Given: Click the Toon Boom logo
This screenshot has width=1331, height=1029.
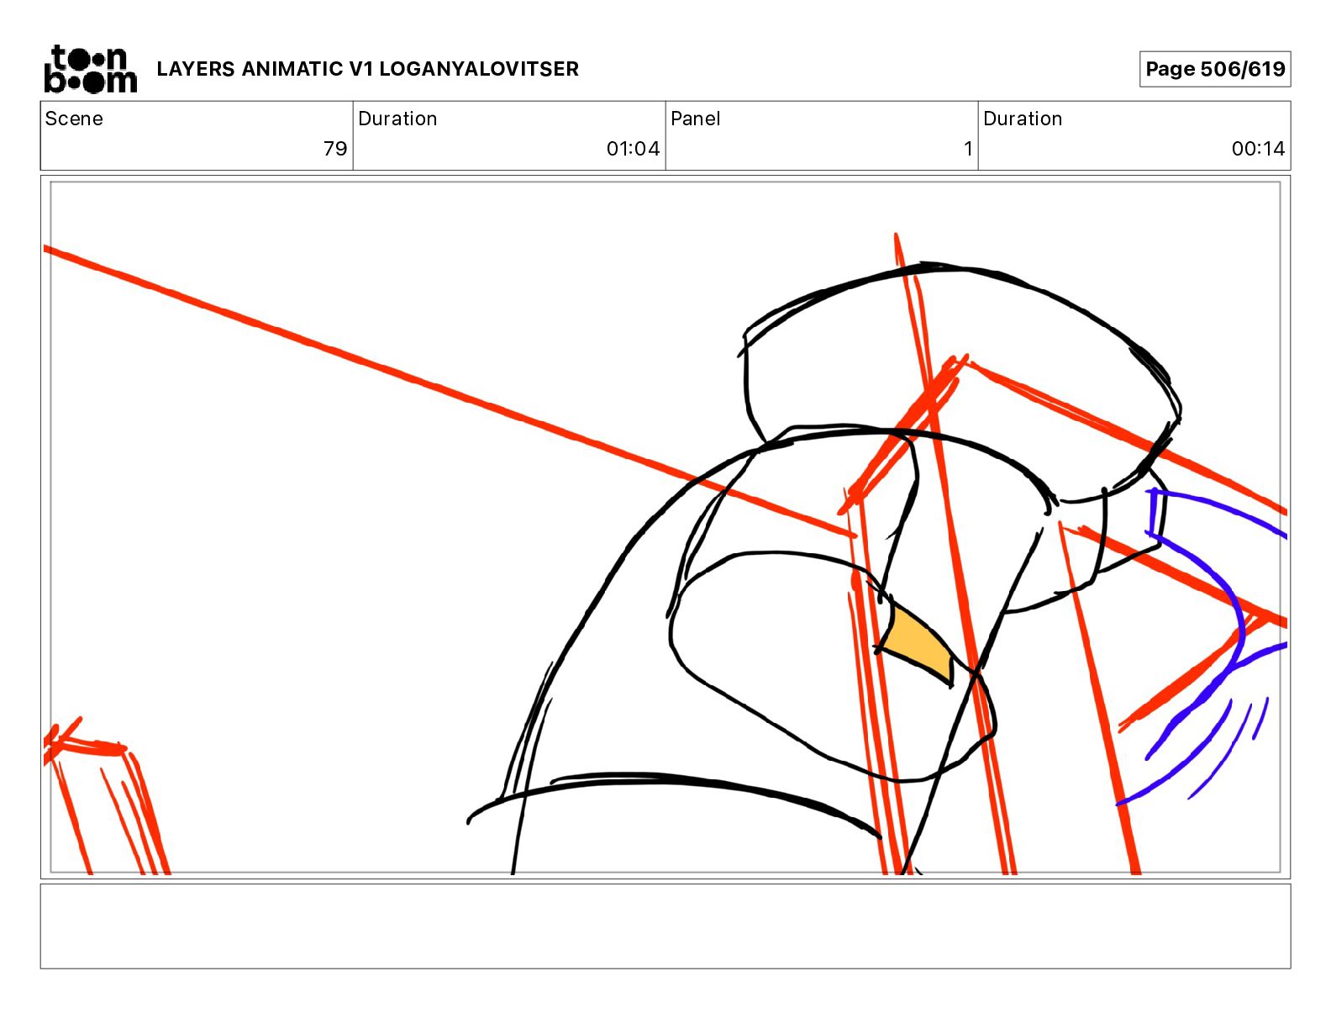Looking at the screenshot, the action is coord(91,69).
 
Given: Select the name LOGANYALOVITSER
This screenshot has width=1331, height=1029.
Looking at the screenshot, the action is coord(478,69).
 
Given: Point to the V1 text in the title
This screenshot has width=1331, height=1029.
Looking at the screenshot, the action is coord(360,69).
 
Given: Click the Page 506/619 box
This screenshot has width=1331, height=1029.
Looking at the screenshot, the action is coord(1215,69).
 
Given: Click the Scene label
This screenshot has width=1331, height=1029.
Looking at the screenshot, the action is coord(74,119).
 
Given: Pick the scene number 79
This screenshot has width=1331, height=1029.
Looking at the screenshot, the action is coord(335,148).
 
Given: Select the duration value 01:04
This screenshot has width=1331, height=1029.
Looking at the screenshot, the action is coord(633,148).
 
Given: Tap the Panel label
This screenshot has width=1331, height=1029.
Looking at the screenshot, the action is coord(695,119).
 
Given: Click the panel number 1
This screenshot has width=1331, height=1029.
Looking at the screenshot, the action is coord(968,148).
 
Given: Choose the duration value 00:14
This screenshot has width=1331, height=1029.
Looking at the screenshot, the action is coord(1258,148).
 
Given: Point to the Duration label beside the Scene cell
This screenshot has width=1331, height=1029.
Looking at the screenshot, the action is coord(397,119).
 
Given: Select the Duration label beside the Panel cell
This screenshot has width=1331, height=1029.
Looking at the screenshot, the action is coord(1023,119).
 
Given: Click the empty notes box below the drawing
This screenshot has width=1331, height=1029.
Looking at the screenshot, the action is coord(665,926).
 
